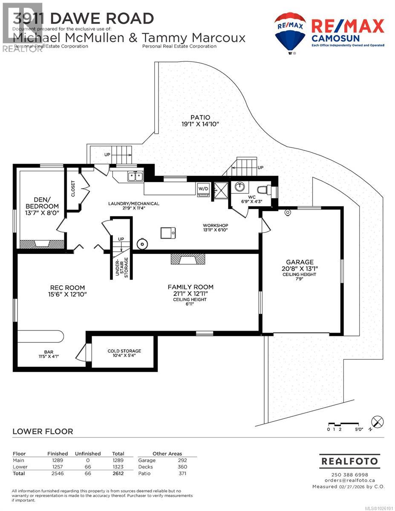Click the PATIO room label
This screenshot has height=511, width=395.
coord(200,121)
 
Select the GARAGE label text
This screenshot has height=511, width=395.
coord(300,262)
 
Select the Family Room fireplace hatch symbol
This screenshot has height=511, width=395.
coord(187,259)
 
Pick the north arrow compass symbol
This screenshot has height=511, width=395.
coord(377,422)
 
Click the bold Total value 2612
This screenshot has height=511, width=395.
coord(118,474)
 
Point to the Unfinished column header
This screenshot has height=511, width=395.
coord(88,454)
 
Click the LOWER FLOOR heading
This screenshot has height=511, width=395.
coord(43,431)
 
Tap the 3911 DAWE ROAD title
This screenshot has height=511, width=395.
coord(84,18)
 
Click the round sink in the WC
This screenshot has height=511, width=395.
coord(240,187)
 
